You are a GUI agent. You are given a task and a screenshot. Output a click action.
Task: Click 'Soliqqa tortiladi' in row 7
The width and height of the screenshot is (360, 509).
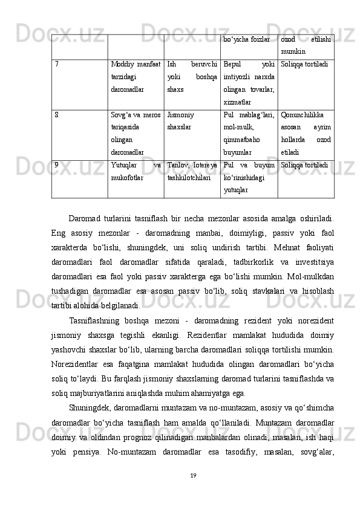pos(305,63)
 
